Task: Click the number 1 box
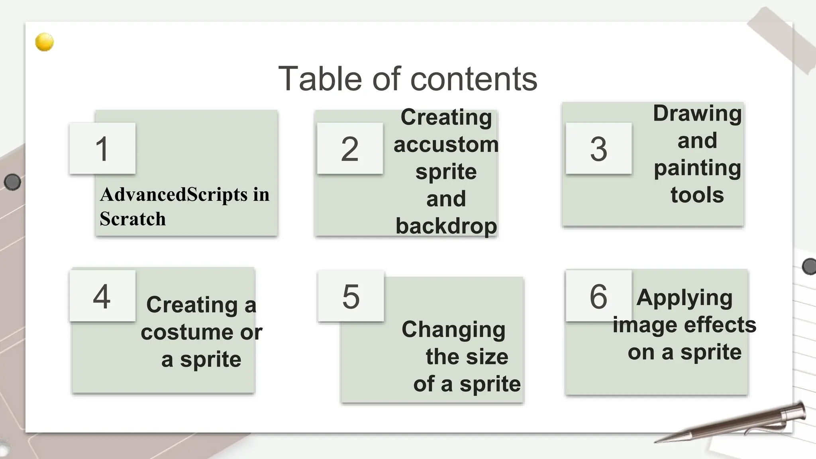(102, 148)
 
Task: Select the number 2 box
(350, 148)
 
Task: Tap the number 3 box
(598, 148)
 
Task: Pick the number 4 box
(102, 296)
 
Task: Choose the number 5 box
(351, 296)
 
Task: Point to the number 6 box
(598, 296)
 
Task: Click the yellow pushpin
(44, 42)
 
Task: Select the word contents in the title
(474, 79)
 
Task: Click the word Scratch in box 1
(133, 219)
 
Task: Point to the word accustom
(446, 144)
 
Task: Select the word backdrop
(446, 226)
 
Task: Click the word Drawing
(697, 114)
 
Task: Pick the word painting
(697, 168)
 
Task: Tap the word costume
(187, 332)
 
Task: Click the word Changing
(453, 330)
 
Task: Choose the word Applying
(684, 298)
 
